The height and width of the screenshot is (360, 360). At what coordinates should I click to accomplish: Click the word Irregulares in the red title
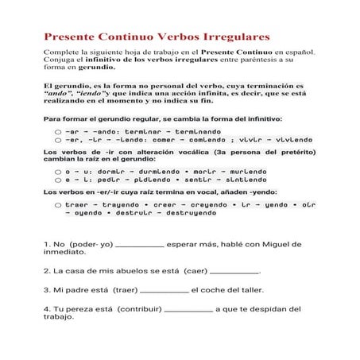coord(231,37)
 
